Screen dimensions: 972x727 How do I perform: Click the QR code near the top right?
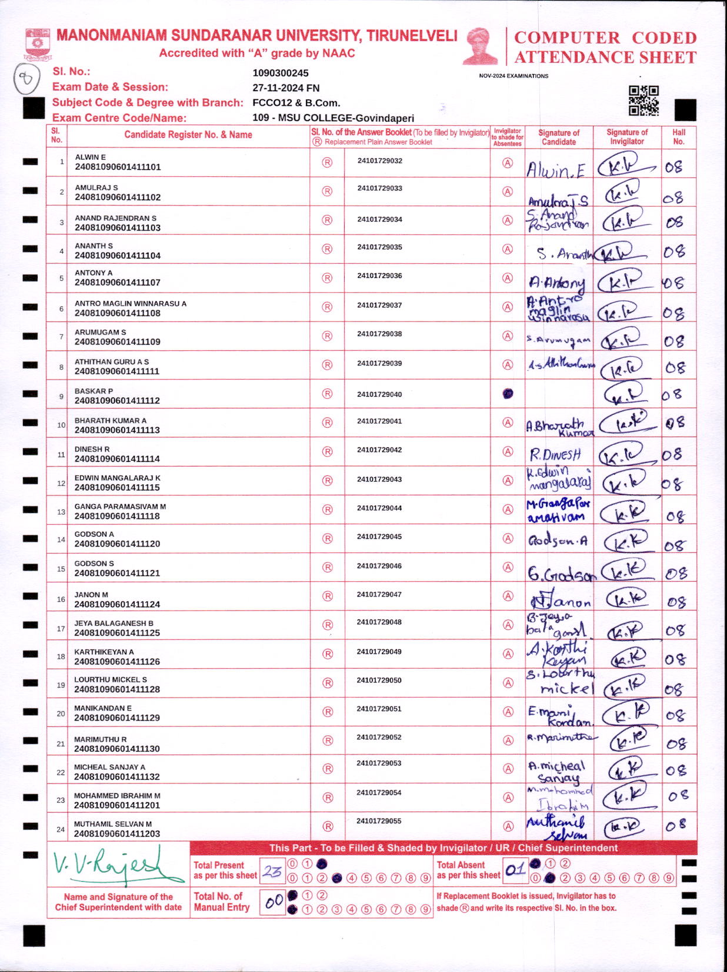[643, 100]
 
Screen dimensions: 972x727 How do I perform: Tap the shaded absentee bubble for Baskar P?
[508, 394]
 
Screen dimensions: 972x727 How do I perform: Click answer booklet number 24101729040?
[379, 394]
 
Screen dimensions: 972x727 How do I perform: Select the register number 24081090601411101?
[118, 167]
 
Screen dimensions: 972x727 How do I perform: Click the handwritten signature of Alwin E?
[556, 170]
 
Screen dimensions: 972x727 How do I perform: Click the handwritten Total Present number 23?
[272, 871]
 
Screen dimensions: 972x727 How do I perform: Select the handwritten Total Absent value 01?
[515, 870]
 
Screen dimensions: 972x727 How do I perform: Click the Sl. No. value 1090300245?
[281, 73]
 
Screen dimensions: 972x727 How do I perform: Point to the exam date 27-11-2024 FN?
[286, 88]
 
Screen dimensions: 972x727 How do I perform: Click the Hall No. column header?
[679, 137]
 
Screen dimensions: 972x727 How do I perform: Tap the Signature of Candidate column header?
[559, 137]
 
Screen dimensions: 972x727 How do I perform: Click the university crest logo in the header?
[38, 43]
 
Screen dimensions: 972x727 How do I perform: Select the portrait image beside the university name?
[481, 46]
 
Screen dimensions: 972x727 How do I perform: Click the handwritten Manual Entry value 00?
[274, 901]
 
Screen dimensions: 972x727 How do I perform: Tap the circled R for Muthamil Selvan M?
[328, 826]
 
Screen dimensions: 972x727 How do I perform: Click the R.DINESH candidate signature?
[555, 454]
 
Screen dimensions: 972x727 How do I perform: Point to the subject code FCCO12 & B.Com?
[296, 103]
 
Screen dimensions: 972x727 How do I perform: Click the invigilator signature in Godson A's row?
[627, 541]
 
